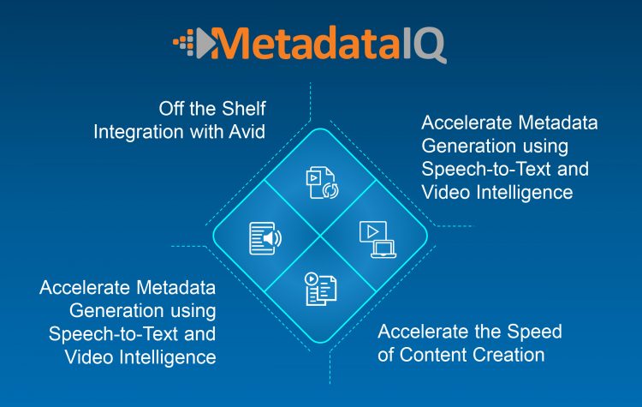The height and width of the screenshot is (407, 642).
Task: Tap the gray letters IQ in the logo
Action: [424, 45]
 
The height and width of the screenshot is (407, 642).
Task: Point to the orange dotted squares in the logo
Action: [183, 43]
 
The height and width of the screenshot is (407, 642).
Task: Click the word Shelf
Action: [244, 109]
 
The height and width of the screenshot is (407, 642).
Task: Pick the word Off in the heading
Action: [171, 109]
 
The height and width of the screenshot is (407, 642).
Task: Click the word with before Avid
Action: [206, 132]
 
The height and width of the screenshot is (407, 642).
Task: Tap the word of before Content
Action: [386, 355]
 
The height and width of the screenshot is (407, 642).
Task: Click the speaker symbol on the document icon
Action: [272, 238]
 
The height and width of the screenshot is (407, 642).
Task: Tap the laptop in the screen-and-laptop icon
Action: [383, 249]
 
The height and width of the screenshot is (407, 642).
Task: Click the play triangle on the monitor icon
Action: [372, 232]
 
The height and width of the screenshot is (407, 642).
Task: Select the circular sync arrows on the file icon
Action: [330, 190]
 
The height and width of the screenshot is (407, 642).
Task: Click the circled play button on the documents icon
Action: [312, 279]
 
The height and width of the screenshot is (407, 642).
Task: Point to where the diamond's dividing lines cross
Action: [321, 236]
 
